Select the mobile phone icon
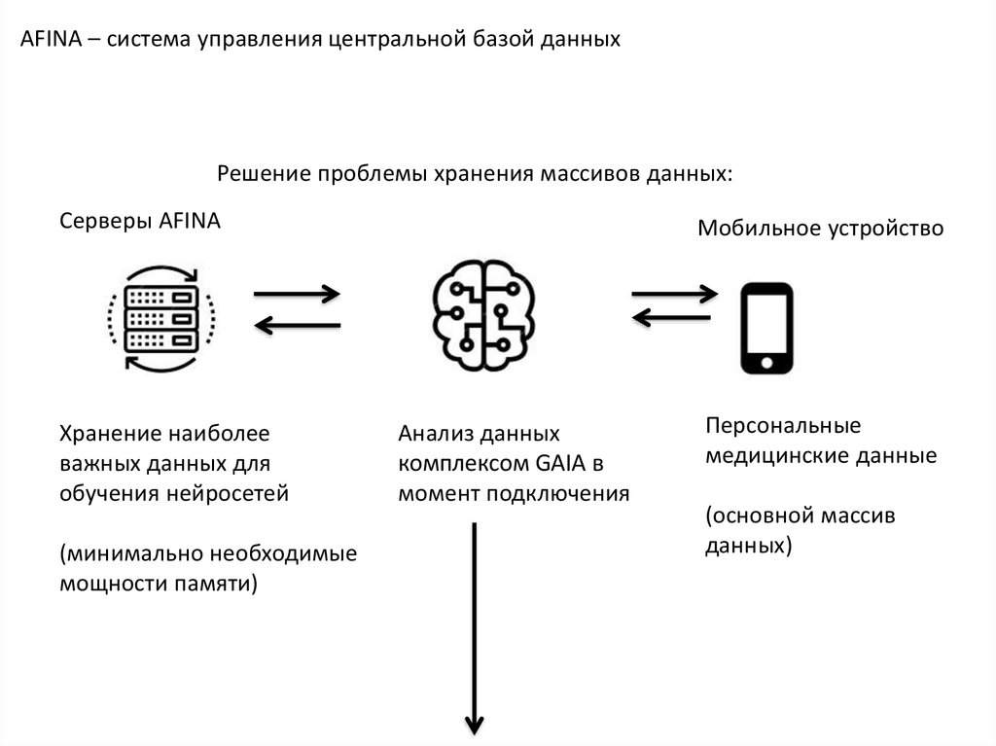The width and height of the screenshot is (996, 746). click(765, 328)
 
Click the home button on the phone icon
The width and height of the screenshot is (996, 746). click(765, 362)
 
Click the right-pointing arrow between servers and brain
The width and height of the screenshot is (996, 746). click(297, 293)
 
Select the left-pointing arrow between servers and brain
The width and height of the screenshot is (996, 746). click(297, 327)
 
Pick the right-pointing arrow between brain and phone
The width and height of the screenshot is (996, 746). click(674, 293)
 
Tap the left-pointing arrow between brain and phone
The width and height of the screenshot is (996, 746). click(674, 316)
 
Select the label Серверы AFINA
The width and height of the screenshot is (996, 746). click(141, 221)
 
